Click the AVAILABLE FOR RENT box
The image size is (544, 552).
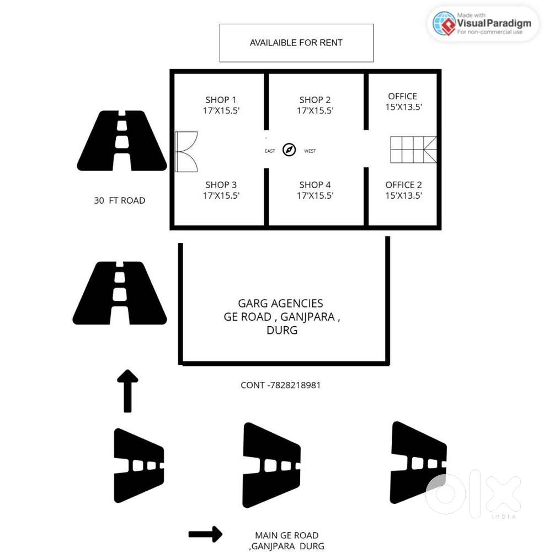(x=296, y=43)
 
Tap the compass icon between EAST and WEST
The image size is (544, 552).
(x=289, y=150)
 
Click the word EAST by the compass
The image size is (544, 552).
(x=270, y=151)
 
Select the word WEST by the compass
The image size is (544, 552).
(x=310, y=151)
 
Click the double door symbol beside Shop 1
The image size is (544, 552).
(x=186, y=152)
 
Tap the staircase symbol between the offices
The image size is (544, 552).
(x=413, y=150)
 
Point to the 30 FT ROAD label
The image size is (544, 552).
(x=119, y=201)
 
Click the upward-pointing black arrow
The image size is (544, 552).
(x=127, y=391)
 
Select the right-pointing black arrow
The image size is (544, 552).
(x=205, y=534)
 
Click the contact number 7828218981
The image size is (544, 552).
(x=281, y=385)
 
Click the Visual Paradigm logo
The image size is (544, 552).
(x=483, y=24)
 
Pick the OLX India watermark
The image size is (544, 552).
(x=474, y=495)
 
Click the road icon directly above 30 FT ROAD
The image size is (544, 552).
(x=122, y=141)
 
